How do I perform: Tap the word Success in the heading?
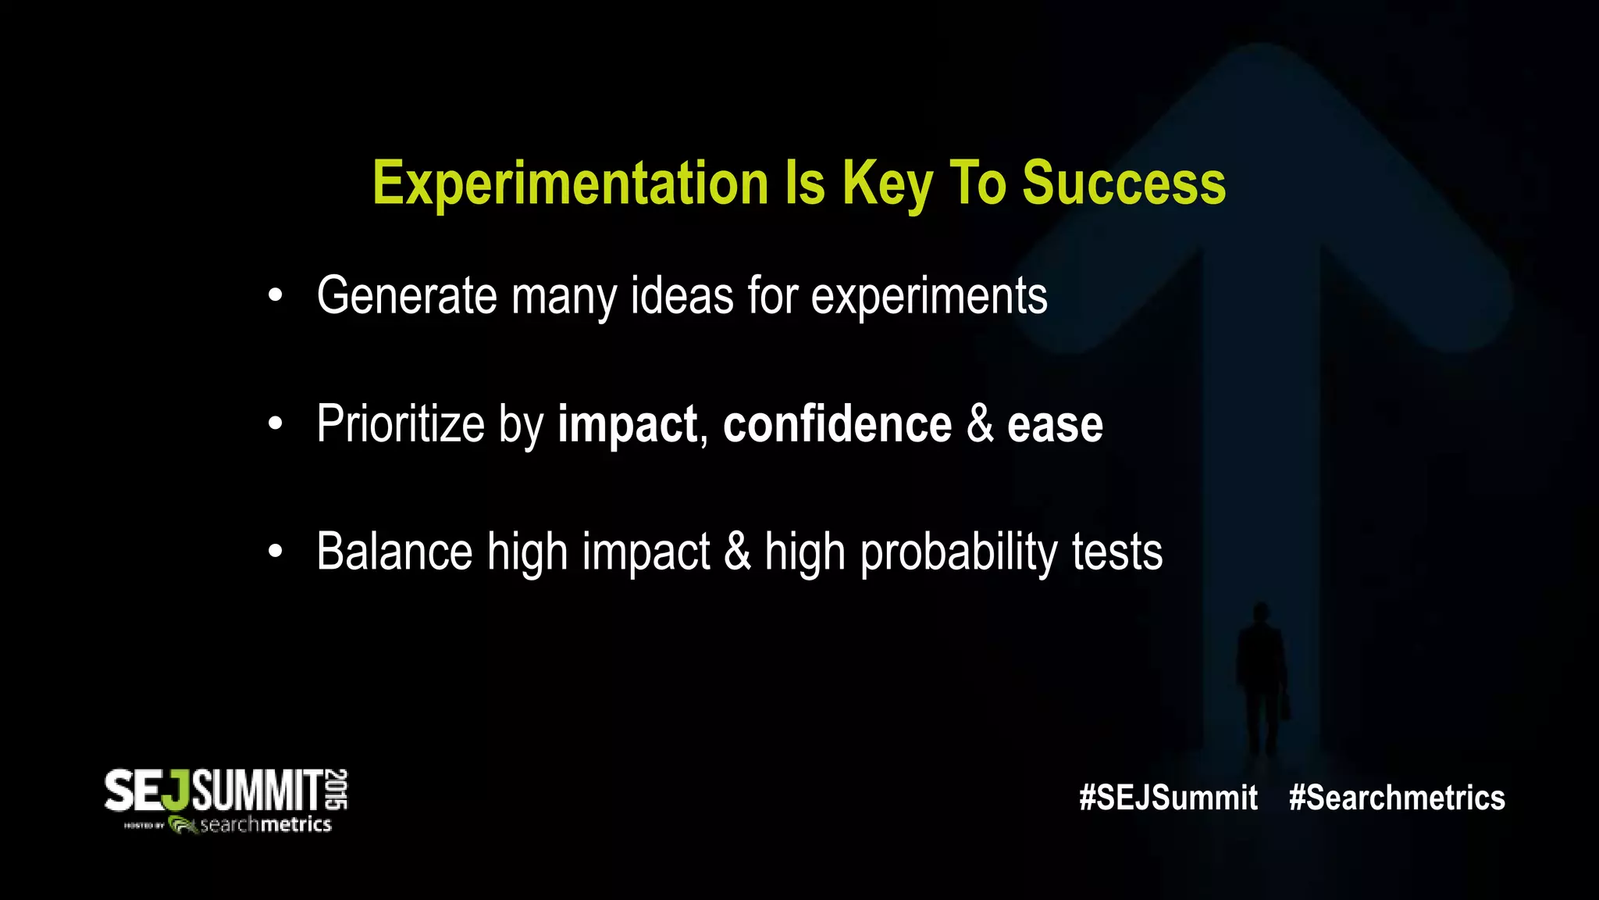point(1124,184)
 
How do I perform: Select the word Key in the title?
point(887,184)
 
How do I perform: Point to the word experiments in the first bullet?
point(928,297)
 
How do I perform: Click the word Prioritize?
point(401,424)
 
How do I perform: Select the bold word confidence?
point(837,424)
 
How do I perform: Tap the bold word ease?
point(1055,426)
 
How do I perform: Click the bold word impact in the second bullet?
point(627,426)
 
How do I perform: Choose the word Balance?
point(394,552)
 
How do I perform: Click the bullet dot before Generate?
point(275,297)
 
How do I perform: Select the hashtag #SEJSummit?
point(1168,798)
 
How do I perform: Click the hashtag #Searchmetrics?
point(1397,798)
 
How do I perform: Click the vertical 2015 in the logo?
point(337,789)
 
